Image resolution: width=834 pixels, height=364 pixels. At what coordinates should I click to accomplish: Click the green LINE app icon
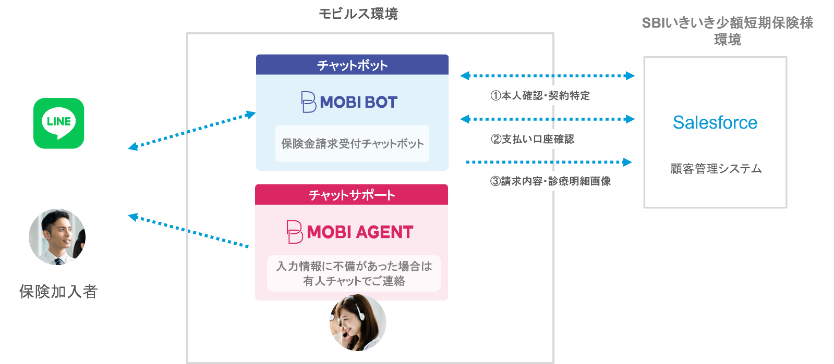[x=58, y=123]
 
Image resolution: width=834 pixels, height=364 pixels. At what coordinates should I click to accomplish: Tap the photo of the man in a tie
[x=57, y=237]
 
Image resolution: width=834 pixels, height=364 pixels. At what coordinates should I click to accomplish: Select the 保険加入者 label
[x=58, y=292]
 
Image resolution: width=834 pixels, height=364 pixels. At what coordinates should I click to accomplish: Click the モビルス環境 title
[x=358, y=14]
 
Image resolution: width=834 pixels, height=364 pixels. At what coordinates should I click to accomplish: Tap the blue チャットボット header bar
[x=352, y=65]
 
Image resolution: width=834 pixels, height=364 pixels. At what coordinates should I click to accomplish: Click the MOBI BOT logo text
[x=349, y=102]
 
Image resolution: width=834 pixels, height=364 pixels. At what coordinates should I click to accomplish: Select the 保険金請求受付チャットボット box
[x=352, y=144]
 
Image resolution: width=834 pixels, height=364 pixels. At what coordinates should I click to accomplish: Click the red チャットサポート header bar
[x=352, y=195]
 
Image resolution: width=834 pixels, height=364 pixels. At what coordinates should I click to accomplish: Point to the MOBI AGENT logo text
[x=350, y=232]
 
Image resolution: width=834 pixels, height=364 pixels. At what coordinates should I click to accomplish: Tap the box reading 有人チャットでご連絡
[x=354, y=273]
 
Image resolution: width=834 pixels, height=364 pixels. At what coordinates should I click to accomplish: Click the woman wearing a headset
[x=358, y=323]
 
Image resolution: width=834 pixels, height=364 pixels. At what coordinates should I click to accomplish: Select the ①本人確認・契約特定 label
[x=540, y=96]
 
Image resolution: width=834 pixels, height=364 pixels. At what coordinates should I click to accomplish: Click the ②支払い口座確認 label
[x=532, y=139]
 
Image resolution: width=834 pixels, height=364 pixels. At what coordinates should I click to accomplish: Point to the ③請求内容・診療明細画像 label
[x=550, y=181]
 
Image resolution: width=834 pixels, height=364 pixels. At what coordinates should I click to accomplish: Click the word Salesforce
[x=715, y=122]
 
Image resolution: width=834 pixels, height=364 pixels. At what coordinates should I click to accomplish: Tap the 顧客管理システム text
[x=716, y=169]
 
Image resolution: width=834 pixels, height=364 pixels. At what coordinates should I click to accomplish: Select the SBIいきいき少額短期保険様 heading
[x=727, y=23]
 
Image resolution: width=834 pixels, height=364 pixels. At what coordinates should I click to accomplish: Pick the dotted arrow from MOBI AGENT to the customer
[x=189, y=231]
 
